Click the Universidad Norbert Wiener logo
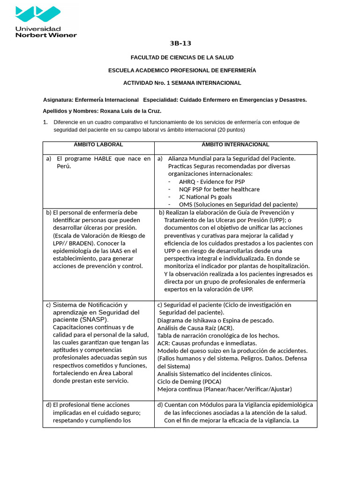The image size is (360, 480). coord(45,21)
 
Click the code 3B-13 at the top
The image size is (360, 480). coord(180,44)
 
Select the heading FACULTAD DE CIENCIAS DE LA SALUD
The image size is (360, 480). coord(182,58)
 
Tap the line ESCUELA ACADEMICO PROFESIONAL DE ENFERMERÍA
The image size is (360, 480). coord(182,70)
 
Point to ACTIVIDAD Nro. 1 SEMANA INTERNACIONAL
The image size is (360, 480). coord(182,83)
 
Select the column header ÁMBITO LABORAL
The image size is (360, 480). coord(98,145)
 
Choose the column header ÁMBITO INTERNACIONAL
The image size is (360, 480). coord(235,145)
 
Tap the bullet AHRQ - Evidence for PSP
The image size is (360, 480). coord(212,181)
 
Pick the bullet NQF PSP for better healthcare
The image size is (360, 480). coord(219,189)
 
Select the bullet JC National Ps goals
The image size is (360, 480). coord(205,197)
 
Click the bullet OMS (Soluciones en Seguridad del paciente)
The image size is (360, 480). coord(238,204)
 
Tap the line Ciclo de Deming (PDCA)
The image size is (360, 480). coord(189,382)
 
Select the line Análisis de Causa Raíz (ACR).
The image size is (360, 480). coord(195,328)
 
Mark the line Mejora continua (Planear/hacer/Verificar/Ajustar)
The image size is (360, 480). coord(224,389)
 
